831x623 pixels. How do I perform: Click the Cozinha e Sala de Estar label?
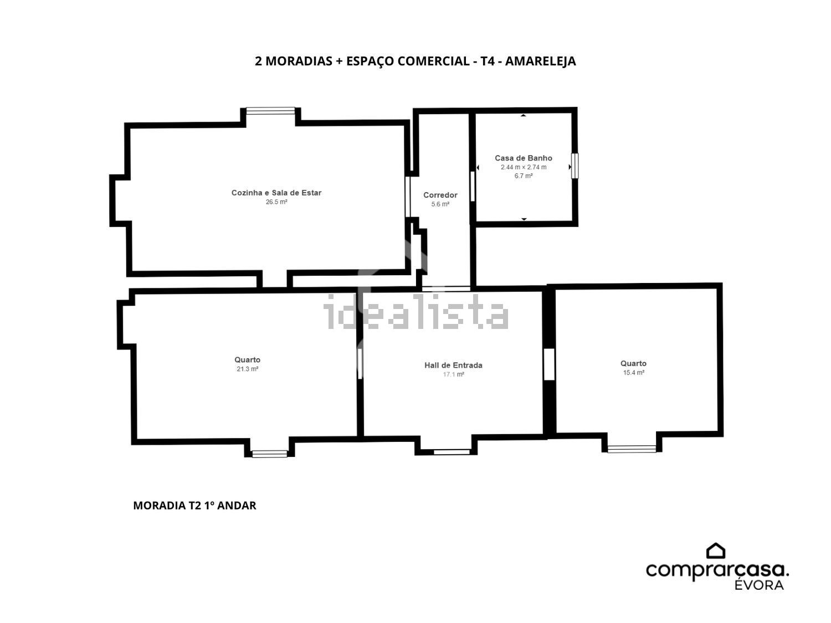(276, 193)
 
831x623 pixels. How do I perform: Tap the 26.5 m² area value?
(276, 202)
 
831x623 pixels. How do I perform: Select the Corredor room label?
(440, 195)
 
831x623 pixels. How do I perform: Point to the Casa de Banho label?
(523, 158)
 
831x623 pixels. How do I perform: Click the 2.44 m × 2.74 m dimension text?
(524, 167)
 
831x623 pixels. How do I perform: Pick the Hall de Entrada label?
(453, 365)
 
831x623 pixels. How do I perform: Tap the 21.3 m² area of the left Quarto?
(247, 369)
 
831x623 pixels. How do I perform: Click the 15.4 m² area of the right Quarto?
(634, 373)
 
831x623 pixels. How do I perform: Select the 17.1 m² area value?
(454, 374)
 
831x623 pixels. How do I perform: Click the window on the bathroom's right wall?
(574, 166)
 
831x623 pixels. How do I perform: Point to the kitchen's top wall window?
(271, 111)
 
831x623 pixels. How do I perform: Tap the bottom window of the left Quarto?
(270, 454)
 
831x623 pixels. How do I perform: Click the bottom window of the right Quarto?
(632, 449)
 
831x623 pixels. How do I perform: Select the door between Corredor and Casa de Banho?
(473, 187)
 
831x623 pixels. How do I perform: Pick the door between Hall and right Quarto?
(550, 364)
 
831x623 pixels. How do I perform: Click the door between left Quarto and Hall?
(360, 363)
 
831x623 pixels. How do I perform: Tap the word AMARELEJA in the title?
(541, 61)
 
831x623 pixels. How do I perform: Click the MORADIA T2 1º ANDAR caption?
(194, 506)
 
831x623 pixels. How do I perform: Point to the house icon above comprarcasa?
(716, 551)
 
